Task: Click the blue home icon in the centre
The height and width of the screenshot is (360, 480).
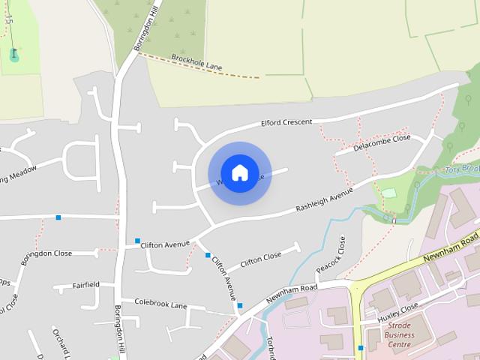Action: [x=239, y=172]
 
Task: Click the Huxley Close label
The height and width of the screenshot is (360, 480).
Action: [x=398, y=312]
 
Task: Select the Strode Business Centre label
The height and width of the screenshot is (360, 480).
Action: [x=399, y=334]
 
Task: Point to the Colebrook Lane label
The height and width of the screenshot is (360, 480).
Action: [x=160, y=304]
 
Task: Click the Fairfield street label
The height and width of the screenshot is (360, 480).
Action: [x=86, y=285]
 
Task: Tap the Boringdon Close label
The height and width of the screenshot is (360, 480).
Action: [x=46, y=256]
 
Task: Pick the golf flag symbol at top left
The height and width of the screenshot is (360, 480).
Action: [x=13, y=54]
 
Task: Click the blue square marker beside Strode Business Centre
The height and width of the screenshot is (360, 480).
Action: [x=361, y=348]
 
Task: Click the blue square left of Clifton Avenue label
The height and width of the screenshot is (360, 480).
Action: [x=137, y=241]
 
